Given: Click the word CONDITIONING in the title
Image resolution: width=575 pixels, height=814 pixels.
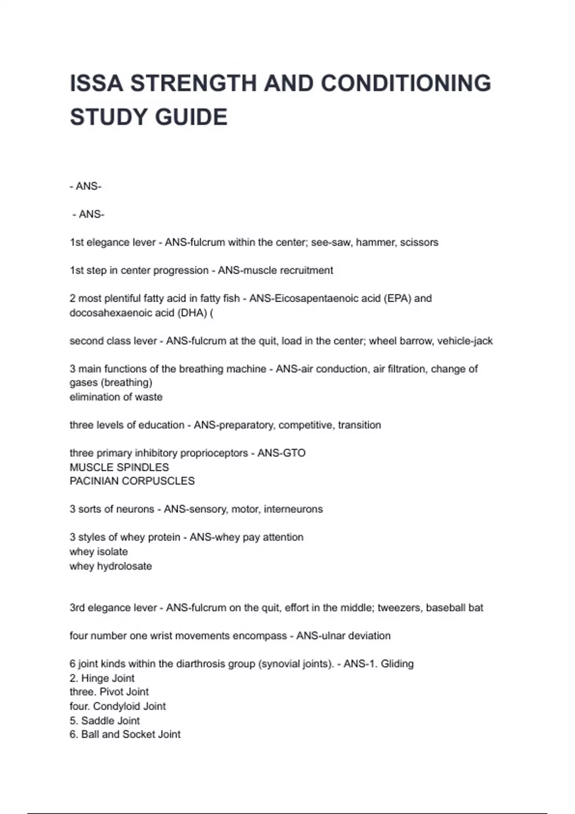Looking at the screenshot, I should pyautogui.click(x=406, y=83).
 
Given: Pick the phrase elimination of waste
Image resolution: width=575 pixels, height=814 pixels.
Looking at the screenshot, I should pyautogui.click(x=116, y=397).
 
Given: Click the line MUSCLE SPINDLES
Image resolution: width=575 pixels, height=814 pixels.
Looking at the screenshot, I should pyautogui.click(x=119, y=467).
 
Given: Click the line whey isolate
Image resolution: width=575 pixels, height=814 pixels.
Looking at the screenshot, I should pyautogui.click(x=99, y=552).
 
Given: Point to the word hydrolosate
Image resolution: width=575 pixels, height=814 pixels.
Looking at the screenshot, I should pyautogui.click(x=124, y=566).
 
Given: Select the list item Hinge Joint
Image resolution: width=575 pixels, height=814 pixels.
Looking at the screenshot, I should pyautogui.click(x=108, y=678).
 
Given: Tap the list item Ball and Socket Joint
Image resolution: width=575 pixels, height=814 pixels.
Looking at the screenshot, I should pyautogui.click(x=131, y=735).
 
